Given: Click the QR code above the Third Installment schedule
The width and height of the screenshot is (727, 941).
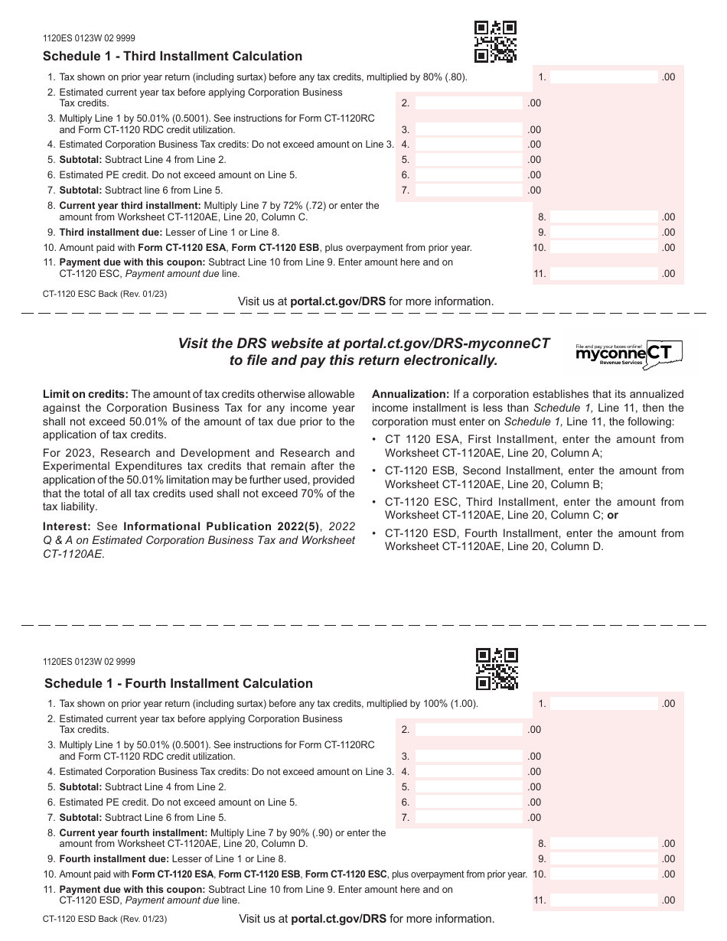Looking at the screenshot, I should (495, 41).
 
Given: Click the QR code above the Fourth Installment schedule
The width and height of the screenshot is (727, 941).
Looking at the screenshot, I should (497, 669).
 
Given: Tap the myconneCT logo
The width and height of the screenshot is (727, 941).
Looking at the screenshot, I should (628, 353).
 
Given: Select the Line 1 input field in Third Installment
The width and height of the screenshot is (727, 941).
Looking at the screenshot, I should (604, 77).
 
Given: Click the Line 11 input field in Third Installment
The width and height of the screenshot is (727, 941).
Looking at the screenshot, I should (604, 273).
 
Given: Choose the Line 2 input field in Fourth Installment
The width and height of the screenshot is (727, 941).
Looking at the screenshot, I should (468, 730).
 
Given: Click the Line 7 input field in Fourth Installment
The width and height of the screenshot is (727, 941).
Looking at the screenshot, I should (468, 818).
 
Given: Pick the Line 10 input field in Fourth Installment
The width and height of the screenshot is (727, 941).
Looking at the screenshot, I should (604, 874).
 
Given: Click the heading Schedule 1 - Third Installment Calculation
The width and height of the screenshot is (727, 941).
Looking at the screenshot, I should (173, 56).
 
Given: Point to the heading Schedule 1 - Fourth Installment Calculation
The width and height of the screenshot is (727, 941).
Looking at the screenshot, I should (178, 683).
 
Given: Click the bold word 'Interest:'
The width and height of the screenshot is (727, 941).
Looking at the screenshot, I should (65, 527).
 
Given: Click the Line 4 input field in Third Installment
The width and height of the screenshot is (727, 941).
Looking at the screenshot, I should (468, 145).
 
